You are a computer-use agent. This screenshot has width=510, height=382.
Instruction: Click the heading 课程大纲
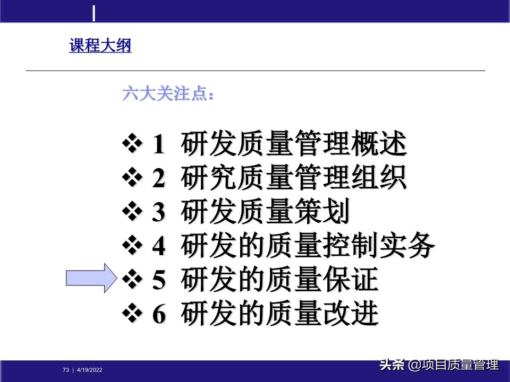tap(100, 46)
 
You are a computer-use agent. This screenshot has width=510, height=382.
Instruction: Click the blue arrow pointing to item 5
tap(91, 277)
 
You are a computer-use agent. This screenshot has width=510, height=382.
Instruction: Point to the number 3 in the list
tap(159, 213)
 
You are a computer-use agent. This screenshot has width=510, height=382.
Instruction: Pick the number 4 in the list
tap(159, 246)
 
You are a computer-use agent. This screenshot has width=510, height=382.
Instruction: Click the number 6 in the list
tap(159, 315)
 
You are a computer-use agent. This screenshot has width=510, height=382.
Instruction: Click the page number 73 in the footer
tap(66, 370)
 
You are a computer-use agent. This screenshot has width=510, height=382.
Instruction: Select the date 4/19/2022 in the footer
tap(90, 370)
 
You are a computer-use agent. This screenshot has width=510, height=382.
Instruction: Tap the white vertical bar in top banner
tap(94, 13)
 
